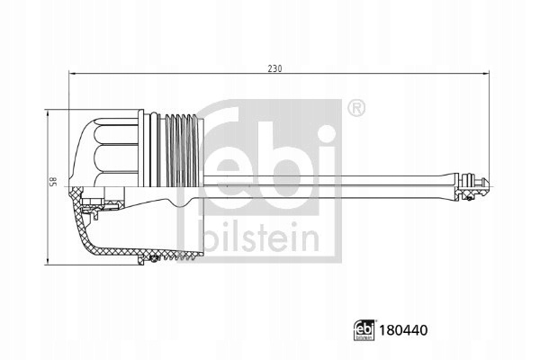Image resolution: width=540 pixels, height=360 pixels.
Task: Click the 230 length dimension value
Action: (274, 68)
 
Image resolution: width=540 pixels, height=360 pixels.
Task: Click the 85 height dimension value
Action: (54, 181)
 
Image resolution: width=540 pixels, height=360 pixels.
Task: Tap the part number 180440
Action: (403, 330)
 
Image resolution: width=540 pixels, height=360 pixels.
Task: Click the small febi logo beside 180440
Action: (364, 330)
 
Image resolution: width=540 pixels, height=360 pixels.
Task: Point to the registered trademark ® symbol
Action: (356, 108)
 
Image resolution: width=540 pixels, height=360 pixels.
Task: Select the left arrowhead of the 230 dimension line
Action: (72, 73)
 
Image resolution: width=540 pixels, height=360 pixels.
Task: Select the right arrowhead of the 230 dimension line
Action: (486, 73)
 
